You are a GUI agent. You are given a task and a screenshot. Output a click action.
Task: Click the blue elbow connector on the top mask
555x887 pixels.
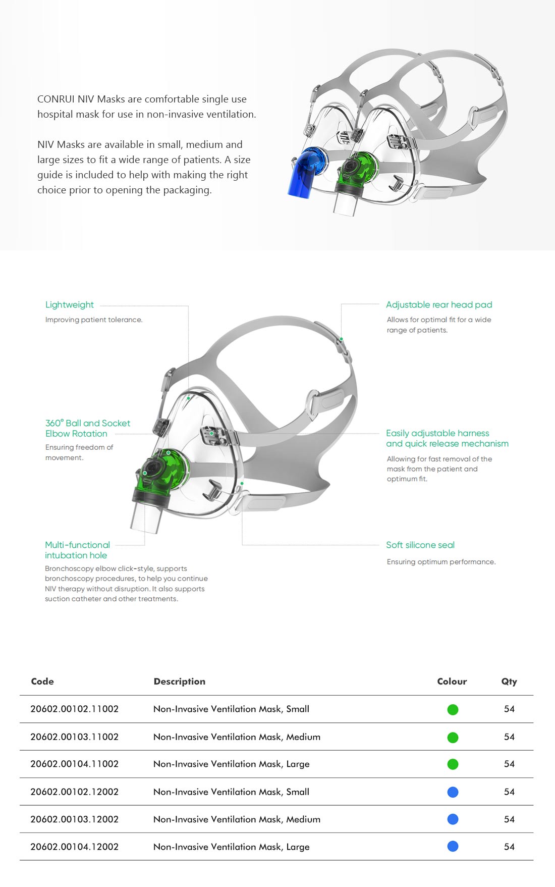[306, 172]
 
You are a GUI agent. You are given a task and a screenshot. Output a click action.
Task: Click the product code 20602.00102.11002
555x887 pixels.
[75, 709]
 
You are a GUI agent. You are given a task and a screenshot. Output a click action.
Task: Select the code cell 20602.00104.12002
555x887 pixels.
[75, 847]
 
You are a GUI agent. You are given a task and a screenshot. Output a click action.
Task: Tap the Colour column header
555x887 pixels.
[452, 681]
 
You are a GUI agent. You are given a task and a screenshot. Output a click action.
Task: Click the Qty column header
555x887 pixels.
[509, 682]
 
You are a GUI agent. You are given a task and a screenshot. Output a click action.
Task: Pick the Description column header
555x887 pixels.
[180, 682]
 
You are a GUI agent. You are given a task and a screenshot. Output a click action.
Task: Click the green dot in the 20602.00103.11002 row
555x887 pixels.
[453, 737]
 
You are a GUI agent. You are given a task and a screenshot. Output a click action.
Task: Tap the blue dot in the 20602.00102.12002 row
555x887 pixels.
[453, 792]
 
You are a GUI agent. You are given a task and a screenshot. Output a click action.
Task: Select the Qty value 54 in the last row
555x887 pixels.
[510, 847]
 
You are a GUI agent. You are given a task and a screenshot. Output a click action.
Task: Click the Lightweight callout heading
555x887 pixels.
[70, 304]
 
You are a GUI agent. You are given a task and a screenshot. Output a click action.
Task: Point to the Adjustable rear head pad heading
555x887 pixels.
[439, 304]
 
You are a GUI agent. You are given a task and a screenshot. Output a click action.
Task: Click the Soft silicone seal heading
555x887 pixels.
[420, 545]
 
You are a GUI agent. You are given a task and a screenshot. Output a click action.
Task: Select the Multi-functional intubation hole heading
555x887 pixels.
[77, 550]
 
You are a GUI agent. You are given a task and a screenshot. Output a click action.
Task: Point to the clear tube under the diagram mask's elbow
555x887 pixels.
[146, 517]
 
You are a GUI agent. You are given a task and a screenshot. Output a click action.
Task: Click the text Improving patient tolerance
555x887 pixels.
[94, 320]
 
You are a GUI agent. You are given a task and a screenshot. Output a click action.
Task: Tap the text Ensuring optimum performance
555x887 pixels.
[441, 562]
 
